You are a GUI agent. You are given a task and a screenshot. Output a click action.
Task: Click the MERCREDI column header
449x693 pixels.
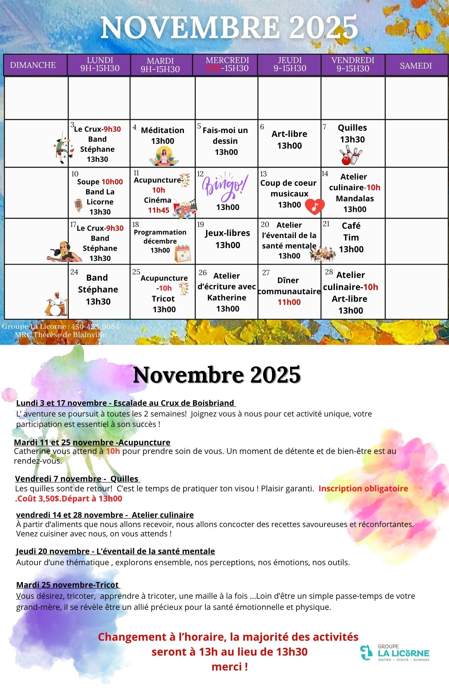click(227, 64)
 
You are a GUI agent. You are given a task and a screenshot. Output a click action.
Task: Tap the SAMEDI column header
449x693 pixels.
click(416, 65)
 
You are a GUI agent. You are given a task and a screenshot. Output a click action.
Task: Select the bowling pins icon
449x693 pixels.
click(351, 155)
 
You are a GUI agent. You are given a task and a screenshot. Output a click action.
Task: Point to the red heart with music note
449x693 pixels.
click(314, 207)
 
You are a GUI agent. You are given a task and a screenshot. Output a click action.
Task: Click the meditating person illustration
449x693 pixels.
click(164, 156)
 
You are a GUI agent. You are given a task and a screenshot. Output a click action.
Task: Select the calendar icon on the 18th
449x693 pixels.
click(183, 253)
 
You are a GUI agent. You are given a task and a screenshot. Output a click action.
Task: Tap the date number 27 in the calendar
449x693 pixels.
click(266, 273)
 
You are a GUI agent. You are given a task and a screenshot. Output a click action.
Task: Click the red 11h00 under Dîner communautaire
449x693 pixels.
click(289, 302)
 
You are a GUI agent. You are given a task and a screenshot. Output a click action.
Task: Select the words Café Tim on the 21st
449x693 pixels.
click(351, 231)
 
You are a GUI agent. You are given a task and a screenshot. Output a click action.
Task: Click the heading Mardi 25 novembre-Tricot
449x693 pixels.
click(68, 585)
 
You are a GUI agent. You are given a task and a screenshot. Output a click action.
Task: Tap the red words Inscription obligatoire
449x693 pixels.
click(363, 489)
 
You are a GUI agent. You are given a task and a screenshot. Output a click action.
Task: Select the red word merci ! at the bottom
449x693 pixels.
click(229, 667)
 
